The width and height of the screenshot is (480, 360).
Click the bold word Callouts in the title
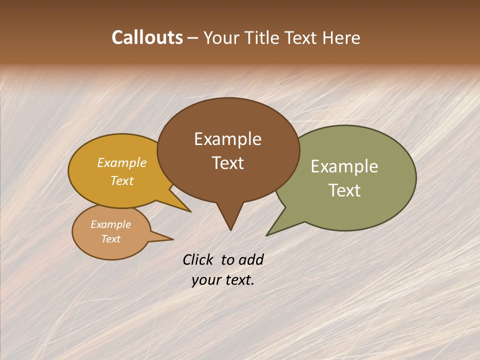[147, 37]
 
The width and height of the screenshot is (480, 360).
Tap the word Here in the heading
[342, 37]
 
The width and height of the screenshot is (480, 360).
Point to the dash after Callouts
[193, 38]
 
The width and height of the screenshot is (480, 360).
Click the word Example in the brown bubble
[227, 139]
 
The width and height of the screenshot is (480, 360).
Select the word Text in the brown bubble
[227, 163]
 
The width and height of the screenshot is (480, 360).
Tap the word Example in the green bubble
[344, 166]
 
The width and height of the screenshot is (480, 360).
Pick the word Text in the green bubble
[344, 190]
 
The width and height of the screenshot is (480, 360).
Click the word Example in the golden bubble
[122, 163]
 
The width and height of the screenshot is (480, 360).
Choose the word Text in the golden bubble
[122, 180]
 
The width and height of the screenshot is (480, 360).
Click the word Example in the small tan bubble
[110, 224]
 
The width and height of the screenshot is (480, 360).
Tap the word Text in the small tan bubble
[110, 239]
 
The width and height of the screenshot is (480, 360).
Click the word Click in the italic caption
[198, 260]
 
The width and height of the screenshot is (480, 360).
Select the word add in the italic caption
[251, 260]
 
